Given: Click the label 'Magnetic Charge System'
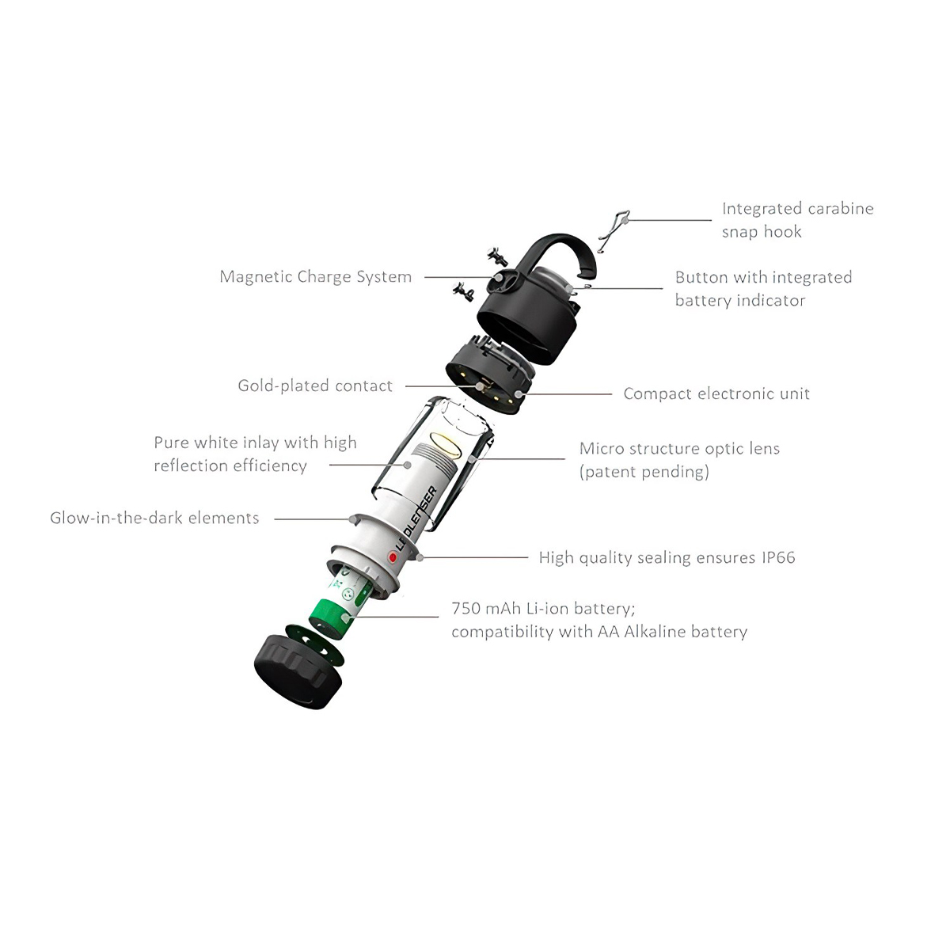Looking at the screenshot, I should tap(315, 277).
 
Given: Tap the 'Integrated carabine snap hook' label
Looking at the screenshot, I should tap(797, 220).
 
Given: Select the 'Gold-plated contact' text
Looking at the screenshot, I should tap(315, 386).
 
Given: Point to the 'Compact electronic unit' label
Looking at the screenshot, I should tap(716, 393).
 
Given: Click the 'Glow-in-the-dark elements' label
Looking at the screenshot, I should tap(154, 518).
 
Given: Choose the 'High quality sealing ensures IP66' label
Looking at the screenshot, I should tap(667, 557).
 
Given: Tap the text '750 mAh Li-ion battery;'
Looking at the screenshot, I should tap(543, 608).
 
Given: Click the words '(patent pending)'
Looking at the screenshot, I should tap(644, 472).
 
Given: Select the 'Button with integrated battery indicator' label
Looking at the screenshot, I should tap(763, 288).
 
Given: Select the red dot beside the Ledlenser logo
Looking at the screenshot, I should tap(393, 557).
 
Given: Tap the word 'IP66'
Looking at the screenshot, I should tap(778, 557).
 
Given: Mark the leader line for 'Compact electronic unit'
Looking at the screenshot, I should tap(566, 393).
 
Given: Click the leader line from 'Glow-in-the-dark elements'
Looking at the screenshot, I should tap(313, 519).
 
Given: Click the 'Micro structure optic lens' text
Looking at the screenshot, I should tap(679, 449).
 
